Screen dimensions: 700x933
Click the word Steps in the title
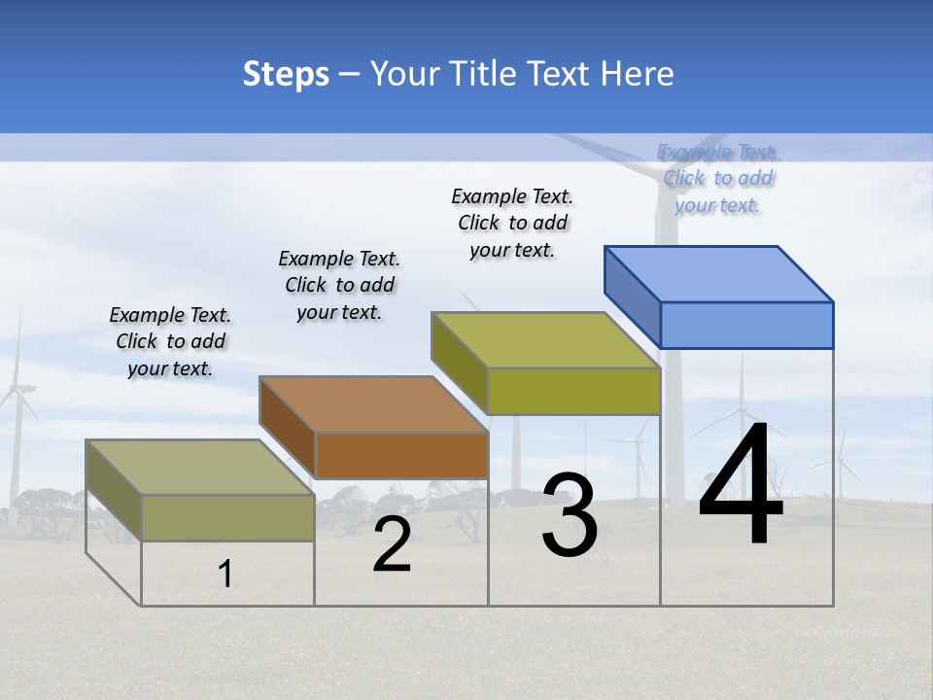coord(286,74)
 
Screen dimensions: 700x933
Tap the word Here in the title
coord(639,74)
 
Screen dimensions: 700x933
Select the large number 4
coord(741,486)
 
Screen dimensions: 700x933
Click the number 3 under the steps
coord(570,515)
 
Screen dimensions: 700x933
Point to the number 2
coord(392,545)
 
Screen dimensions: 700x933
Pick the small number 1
coord(225,575)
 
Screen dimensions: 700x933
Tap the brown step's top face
coord(373,404)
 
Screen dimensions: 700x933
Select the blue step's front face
coord(746,325)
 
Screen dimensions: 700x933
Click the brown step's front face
coord(401,455)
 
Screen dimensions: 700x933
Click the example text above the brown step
coord(339,285)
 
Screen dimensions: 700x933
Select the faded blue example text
coord(717,178)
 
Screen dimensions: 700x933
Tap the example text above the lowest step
coord(170,341)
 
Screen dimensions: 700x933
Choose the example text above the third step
coord(512,223)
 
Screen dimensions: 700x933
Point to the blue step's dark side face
coord(632,296)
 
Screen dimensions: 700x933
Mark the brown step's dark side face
coord(287,427)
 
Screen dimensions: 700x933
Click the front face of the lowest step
coord(227,517)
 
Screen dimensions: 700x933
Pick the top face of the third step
coord(545,340)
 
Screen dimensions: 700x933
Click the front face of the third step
coord(573,391)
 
